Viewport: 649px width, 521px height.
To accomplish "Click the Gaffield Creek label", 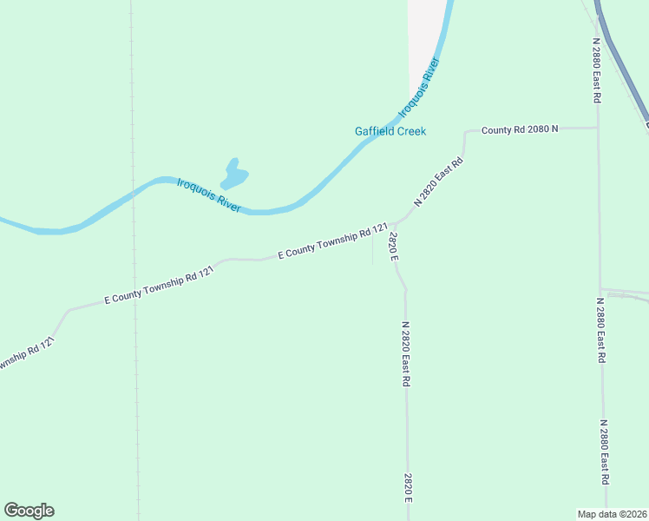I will [x=390, y=132].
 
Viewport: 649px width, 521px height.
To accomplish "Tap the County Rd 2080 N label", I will [x=520, y=129].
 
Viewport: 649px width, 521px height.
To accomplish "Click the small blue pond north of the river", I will [x=234, y=175].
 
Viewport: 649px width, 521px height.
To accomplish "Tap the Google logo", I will [x=29, y=511].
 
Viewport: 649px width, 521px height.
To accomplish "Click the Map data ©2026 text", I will [x=613, y=513].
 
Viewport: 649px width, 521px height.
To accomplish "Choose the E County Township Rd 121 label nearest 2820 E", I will [x=332, y=242].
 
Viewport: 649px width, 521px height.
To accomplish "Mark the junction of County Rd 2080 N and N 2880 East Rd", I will [x=598, y=129].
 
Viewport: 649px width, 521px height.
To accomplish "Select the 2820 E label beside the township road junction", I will [x=393, y=247].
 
